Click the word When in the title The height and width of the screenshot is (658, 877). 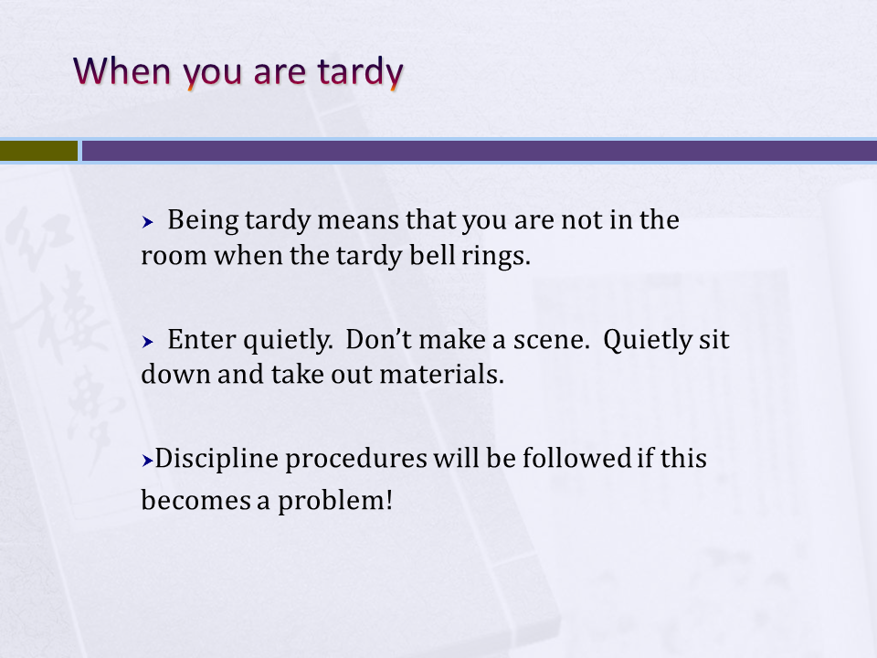[122, 71]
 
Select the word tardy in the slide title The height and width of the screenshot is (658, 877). [360, 73]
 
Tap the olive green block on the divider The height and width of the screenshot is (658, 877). [38, 151]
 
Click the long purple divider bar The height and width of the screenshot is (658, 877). [480, 151]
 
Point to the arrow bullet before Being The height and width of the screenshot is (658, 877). [148, 222]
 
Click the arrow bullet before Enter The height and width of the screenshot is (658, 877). [148, 341]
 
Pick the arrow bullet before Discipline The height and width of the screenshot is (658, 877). [148, 461]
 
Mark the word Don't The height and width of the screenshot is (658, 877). [378, 339]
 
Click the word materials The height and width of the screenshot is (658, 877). [442, 374]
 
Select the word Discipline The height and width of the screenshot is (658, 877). [217, 459]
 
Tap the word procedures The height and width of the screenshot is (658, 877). [356, 460]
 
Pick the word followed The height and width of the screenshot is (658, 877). [576, 458]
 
